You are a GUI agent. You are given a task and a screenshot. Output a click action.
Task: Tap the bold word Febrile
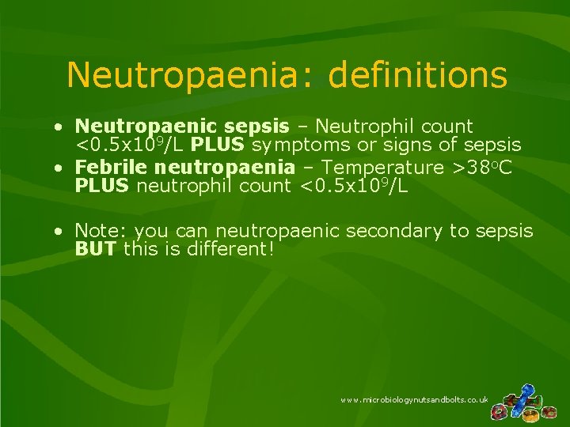point(111,168)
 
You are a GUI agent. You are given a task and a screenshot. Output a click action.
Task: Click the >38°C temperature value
point(489,168)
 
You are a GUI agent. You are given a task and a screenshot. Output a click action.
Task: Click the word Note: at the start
point(101,232)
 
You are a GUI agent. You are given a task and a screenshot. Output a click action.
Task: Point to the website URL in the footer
point(414,400)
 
